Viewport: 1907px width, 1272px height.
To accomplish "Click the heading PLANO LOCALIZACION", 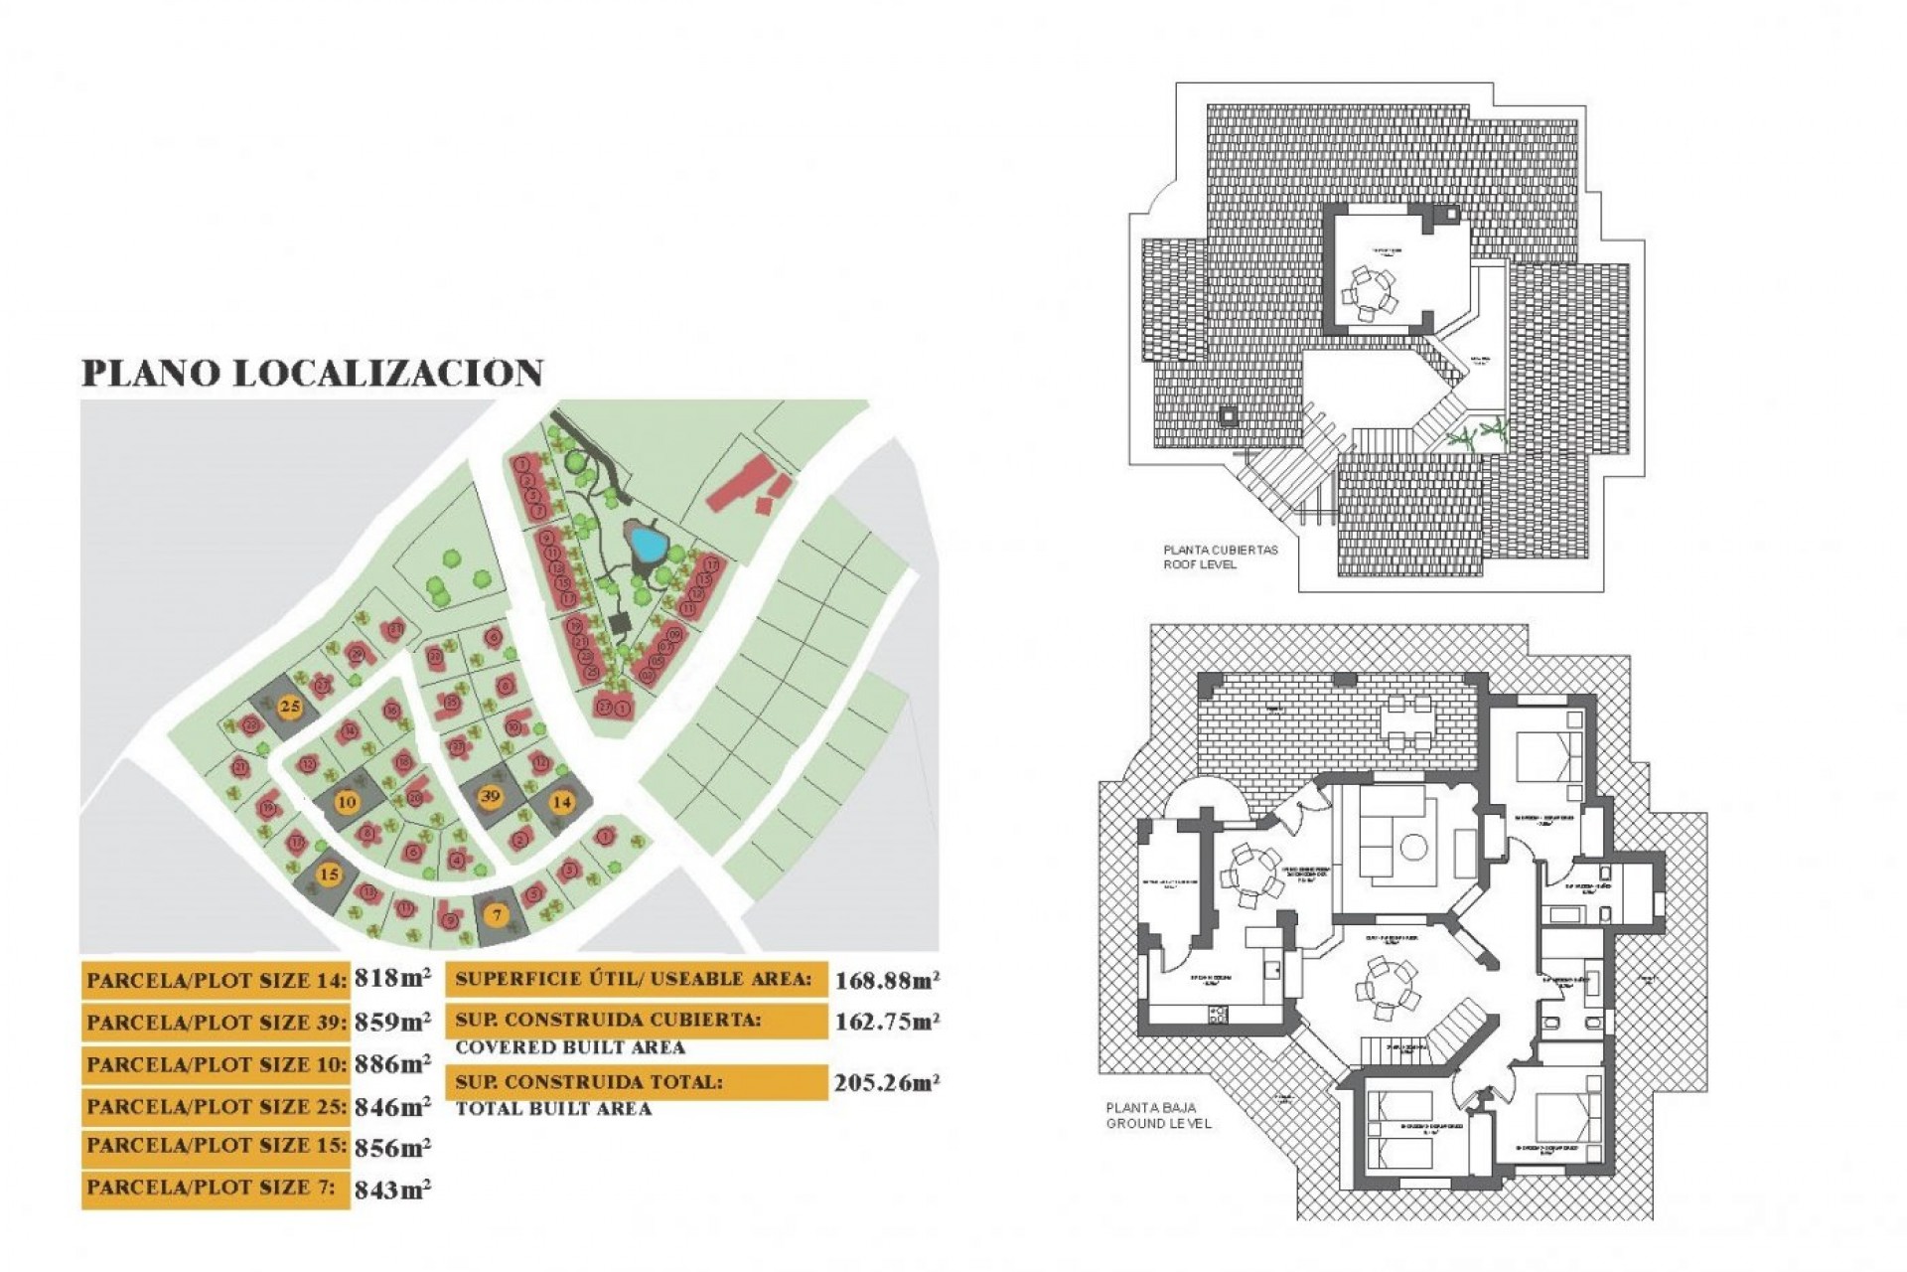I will tap(312, 373).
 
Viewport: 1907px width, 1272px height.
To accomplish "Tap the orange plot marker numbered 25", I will tap(289, 707).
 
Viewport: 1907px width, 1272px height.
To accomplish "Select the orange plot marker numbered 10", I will tap(347, 802).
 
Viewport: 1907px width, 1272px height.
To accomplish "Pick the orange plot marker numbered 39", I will tap(490, 796).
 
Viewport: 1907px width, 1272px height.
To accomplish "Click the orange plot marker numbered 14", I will tap(562, 801).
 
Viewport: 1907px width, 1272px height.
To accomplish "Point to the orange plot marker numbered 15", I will tap(329, 874).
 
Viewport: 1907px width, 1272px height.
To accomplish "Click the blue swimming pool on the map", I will tap(647, 543).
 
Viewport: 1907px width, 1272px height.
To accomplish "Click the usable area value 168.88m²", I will tap(887, 981).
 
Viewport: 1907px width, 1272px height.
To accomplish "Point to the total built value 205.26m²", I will tap(887, 1082).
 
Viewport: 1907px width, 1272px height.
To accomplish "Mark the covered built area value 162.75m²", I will tap(887, 1022).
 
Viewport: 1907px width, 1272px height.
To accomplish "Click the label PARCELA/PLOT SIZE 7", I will tap(211, 1188).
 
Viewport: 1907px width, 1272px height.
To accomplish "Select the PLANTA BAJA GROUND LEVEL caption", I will tap(1158, 1115).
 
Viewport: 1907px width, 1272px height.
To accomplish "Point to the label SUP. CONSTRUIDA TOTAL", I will tap(589, 1081).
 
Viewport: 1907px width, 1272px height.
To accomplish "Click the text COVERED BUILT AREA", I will tap(570, 1047).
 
